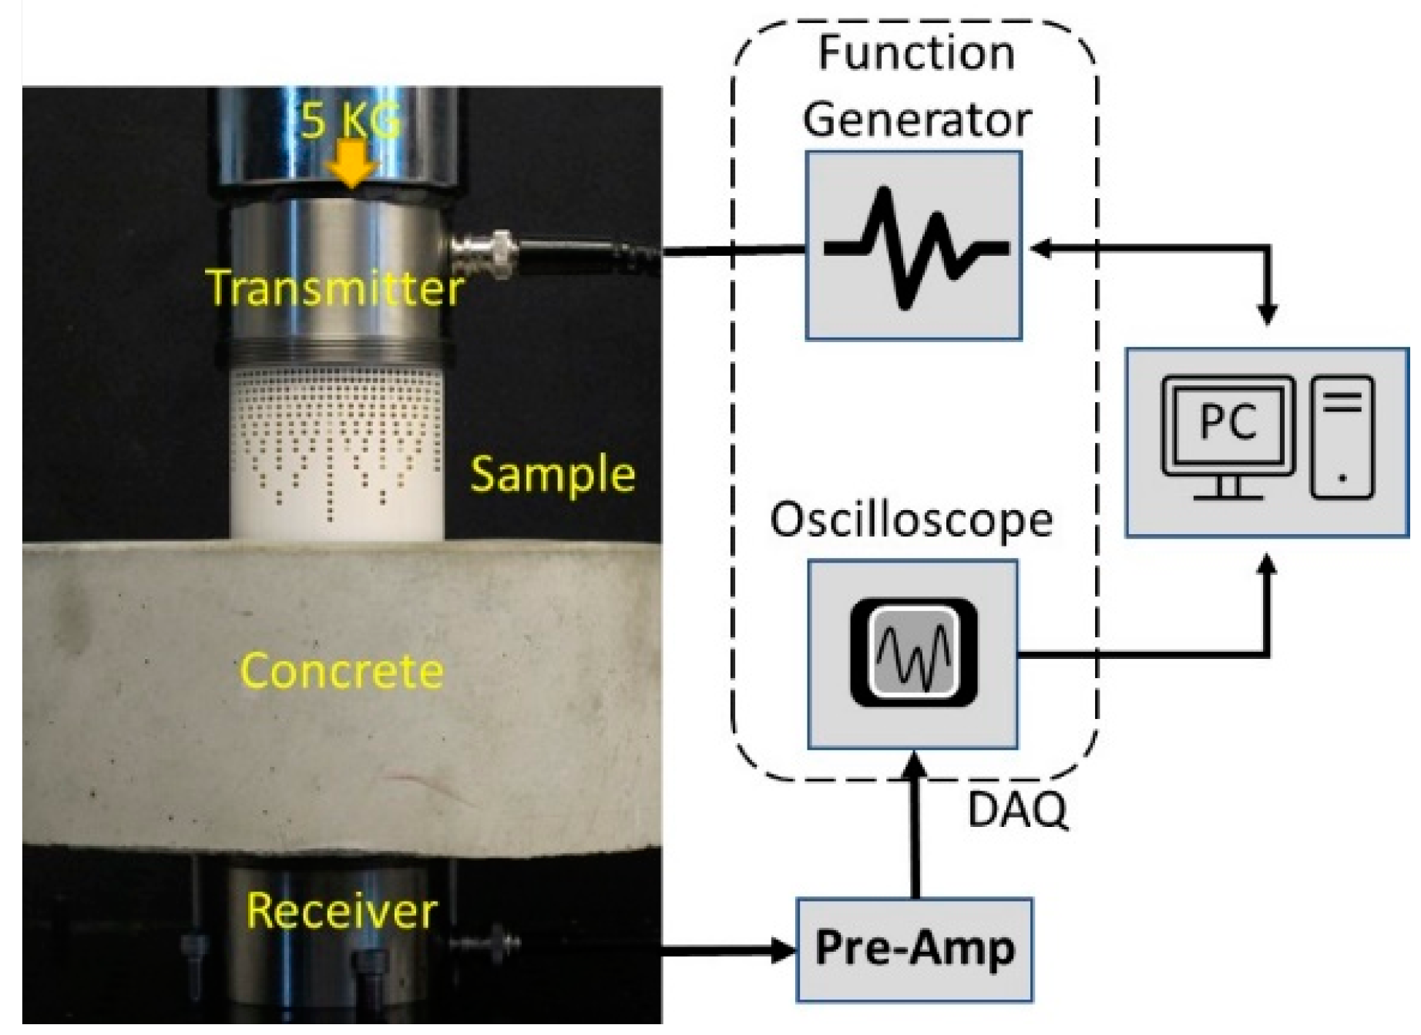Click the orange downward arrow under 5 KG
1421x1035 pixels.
click(x=351, y=163)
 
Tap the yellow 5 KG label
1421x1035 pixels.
click(x=351, y=121)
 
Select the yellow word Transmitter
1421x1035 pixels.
click(x=334, y=288)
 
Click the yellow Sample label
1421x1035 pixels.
click(x=553, y=475)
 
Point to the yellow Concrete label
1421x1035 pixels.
click(x=342, y=670)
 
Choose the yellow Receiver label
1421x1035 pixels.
click(x=341, y=911)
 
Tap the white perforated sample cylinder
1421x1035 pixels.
click(x=338, y=455)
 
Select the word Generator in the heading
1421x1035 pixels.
click(x=917, y=121)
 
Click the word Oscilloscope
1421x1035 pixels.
click(x=912, y=520)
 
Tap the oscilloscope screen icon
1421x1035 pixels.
click(x=914, y=652)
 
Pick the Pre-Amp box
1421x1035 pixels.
click(x=915, y=949)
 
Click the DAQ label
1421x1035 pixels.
click(x=1017, y=810)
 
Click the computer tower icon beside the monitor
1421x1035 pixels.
click(x=1342, y=436)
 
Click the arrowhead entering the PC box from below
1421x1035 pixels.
click(x=1267, y=565)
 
